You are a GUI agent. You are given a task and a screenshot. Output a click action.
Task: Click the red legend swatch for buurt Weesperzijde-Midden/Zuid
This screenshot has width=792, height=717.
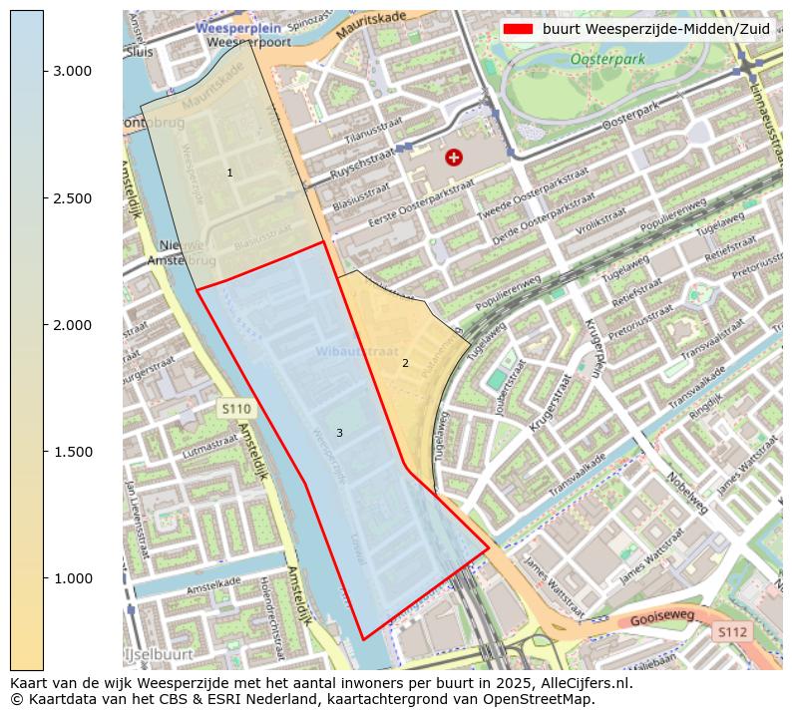519,29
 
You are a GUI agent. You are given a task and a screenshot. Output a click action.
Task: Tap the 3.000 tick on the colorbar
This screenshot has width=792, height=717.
43,71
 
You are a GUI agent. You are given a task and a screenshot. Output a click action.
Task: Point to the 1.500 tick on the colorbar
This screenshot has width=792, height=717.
43,452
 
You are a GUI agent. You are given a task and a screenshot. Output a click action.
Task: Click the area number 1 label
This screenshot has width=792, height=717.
229,174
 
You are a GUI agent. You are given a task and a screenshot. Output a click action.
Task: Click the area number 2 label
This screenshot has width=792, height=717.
405,363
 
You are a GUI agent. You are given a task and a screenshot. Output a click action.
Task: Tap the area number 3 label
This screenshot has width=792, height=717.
339,433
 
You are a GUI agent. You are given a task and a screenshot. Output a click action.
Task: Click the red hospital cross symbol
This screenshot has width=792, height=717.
454,157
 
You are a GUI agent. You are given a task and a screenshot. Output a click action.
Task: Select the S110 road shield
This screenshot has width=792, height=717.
236,409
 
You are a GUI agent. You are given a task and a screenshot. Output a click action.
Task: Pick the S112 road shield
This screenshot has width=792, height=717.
732,631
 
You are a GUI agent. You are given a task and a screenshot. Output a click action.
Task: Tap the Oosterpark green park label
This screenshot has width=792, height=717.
607,60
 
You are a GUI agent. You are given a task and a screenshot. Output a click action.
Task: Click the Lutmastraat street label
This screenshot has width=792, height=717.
213,450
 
